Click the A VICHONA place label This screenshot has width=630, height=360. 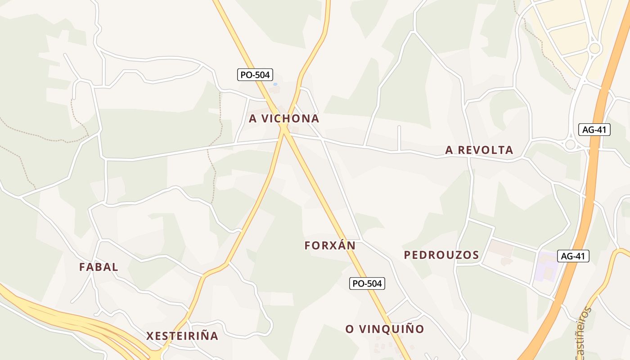[284, 119]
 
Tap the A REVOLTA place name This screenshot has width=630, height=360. [479, 150]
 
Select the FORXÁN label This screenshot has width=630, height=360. [330, 246]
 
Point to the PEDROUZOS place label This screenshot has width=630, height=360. [441, 255]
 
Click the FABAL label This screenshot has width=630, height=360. [99, 267]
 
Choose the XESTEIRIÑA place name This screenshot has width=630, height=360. [182, 336]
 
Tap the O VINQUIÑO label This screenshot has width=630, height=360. [385, 329]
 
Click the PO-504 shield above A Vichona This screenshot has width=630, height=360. [255, 75]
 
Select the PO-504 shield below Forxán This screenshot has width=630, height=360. [367, 283]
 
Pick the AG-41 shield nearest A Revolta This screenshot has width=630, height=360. [594, 130]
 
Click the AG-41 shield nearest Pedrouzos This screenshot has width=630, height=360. [573, 256]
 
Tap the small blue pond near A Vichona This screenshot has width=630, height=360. [275, 84]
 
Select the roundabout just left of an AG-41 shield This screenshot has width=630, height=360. [571, 144]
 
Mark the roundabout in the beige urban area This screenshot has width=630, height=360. [595, 48]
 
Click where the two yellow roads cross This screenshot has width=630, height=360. [284, 128]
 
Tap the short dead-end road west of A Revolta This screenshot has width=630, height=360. [399, 137]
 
